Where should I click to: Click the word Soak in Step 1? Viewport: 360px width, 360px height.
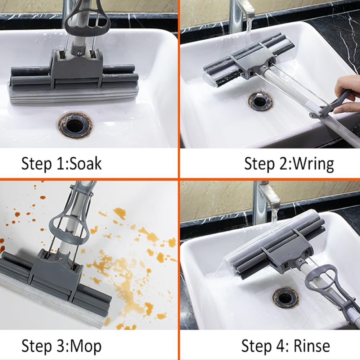click(85, 163)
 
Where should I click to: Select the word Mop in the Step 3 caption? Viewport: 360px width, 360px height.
click(85, 346)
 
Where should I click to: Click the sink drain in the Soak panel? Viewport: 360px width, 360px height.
click(75, 125)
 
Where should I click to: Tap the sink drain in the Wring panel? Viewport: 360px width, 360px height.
click(260, 101)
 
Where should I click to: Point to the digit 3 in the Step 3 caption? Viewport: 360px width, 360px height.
click(60, 346)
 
